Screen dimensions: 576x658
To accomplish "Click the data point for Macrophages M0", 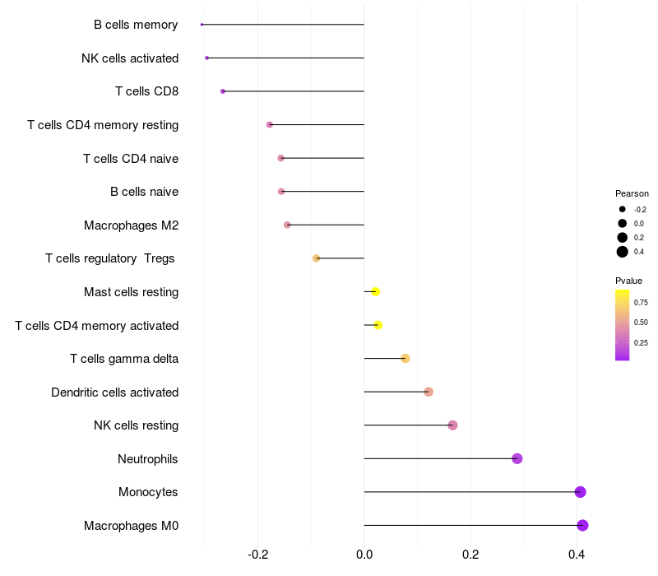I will (582, 526).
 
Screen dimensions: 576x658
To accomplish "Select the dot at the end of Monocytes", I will (580, 492).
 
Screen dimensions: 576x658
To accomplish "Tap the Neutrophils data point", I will (517, 458).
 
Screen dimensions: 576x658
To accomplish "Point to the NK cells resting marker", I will (452, 425).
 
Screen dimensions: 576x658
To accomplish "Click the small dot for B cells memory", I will (202, 25).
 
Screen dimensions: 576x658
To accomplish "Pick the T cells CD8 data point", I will (223, 91).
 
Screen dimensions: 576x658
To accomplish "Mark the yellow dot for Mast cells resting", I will (375, 291).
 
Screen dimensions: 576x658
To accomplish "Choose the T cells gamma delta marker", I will (405, 358).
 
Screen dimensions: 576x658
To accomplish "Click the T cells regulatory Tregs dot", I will (316, 258).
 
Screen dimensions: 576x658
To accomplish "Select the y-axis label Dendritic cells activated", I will (114, 393).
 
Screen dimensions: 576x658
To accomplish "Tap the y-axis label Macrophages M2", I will (131, 225).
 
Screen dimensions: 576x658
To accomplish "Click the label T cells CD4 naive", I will (130, 158).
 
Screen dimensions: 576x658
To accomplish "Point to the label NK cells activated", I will (129, 58).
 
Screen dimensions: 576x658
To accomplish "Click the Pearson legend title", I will (632, 193).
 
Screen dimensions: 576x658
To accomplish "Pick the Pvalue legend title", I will (628, 281).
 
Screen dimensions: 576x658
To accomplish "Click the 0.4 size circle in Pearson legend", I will (623, 252).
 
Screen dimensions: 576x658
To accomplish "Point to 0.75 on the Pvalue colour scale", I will (641, 302).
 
